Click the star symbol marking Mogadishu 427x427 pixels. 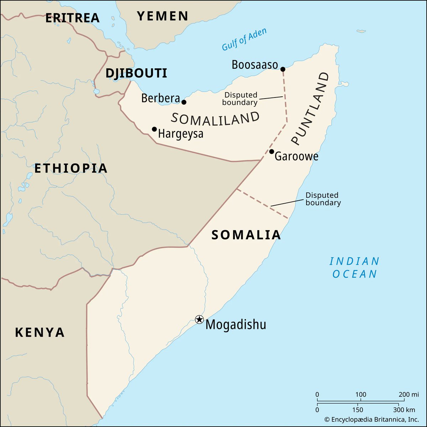pyautogui.click(x=199, y=319)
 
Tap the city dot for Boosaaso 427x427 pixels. pyautogui.click(x=283, y=69)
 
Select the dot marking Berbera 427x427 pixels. pyautogui.click(x=184, y=102)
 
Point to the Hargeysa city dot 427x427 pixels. pyautogui.click(x=154, y=129)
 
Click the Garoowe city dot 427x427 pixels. pyautogui.click(x=272, y=152)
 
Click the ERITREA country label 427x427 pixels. pyautogui.click(x=72, y=18)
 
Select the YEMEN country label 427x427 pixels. pyautogui.click(x=163, y=16)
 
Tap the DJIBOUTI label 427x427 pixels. pyautogui.click(x=136, y=73)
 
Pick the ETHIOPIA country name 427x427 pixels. pyautogui.click(x=71, y=168)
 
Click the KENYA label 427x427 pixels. pyautogui.click(x=40, y=332)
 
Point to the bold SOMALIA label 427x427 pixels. pyautogui.click(x=246, y=235)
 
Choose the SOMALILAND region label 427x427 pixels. pyautogui.click(x=215, y=118)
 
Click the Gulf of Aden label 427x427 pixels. pyautogui.click(x=244, y=39)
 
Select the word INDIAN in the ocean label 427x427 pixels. pyautogui.click(x=354, y=262)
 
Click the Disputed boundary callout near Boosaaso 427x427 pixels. pyautogui.click(x=241, y=99)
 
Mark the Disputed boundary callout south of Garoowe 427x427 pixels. pyautogui.click(x=323, y=199)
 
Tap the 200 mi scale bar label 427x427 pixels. pyautogui.click(x=409, y=394)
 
